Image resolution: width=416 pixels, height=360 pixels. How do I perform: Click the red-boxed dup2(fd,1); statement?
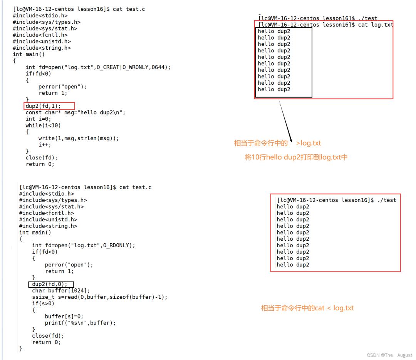[x=43, y=106]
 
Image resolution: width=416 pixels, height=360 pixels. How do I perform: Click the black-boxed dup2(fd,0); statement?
[x=50, y=285]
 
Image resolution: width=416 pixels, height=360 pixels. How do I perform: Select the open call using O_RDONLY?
[x=84, y=245]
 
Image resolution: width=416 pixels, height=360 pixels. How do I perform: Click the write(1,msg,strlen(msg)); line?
[x=79, y=138]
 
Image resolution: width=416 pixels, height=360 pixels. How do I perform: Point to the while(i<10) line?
[x=43, y=125]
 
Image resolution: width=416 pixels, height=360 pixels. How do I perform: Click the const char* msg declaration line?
[x=75, y=112]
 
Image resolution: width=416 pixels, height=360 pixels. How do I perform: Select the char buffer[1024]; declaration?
[x=61, y=291]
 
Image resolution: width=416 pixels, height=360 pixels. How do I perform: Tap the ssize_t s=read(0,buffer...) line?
[x=100, y=297]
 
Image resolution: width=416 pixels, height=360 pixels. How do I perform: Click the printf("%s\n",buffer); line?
[x=81, y=323]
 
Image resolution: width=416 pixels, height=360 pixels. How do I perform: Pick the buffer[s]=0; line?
[x=64, y=316]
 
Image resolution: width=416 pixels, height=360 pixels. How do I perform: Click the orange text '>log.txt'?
[x=308, y=143]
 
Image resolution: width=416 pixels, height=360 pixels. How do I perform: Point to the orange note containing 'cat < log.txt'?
[x=307, y=308]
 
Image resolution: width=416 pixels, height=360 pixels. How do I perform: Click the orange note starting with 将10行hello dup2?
[x=296, y=157]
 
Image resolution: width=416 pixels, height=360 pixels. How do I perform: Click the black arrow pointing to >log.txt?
[x=285, y=121]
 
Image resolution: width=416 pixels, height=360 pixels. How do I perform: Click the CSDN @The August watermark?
[x=389, y=355]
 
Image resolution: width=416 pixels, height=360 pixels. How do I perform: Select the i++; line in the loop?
[x=45, y=145]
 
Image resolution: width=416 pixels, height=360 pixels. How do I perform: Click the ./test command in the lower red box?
[x=387, y=200]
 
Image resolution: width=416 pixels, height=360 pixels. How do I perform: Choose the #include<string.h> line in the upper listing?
[x=42, y=48]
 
